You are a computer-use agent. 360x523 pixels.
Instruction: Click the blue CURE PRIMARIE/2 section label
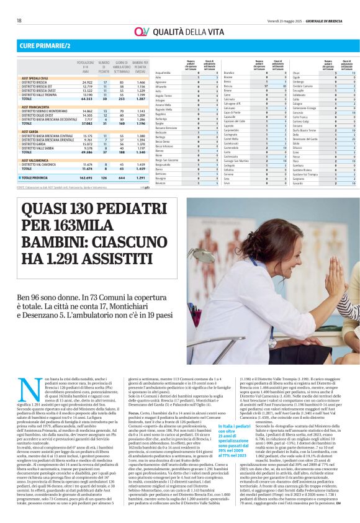pyautogui.click(x=43, y=47)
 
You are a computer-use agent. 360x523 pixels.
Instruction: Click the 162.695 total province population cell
pyautogui.click(x=83, y=177)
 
